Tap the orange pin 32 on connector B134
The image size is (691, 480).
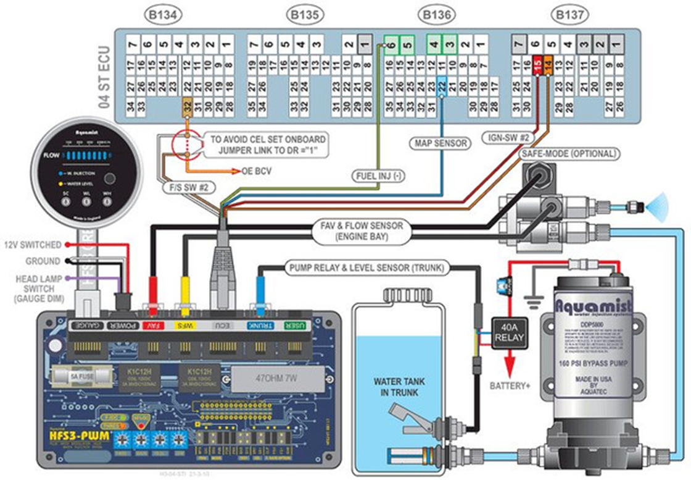(x=187, y=106)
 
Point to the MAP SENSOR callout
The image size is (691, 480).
(x=438, y=143)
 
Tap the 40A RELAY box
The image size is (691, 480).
(x=509, y=333)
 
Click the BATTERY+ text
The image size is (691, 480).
(x=510, y=385)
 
